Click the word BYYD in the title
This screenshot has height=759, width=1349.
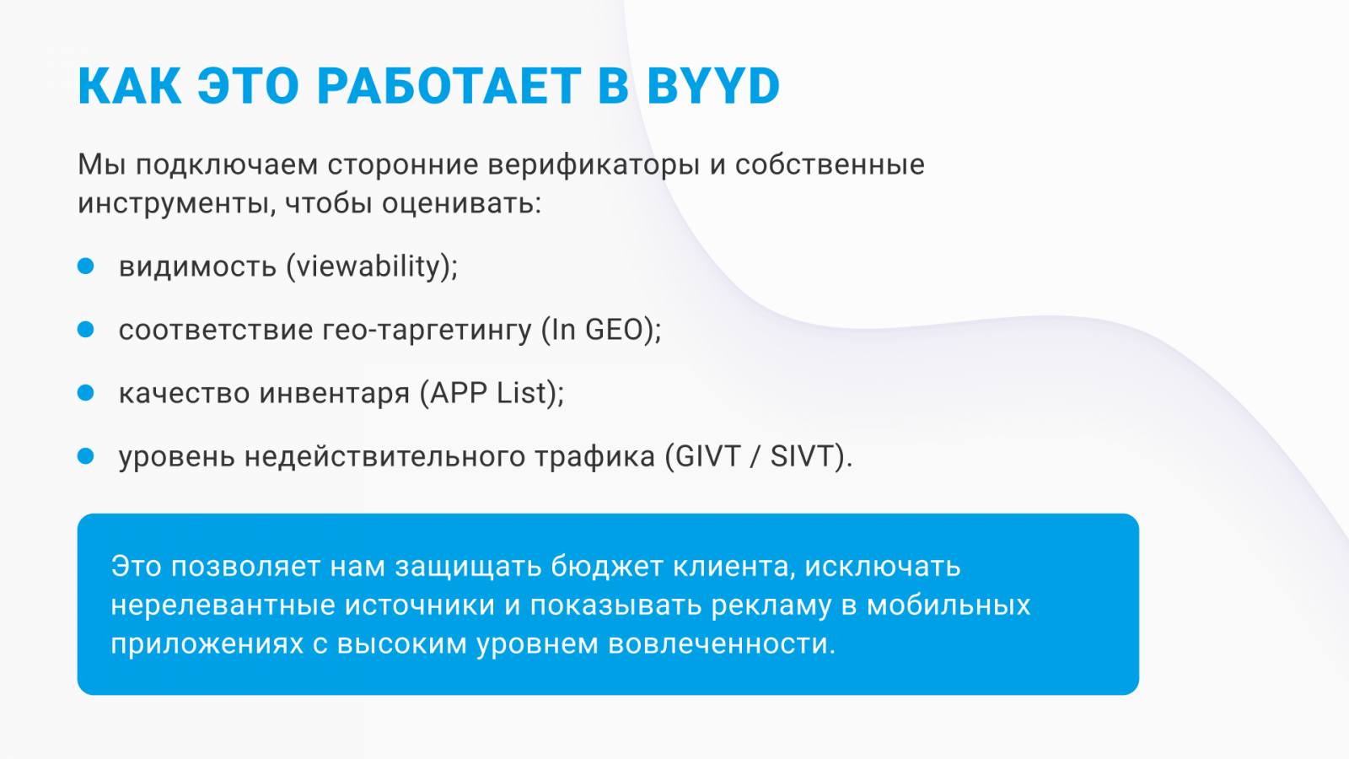point(713,86)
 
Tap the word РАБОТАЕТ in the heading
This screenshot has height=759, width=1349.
point(448,86)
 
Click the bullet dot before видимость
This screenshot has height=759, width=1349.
point(86,266)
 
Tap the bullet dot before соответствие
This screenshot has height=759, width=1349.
point(86,330)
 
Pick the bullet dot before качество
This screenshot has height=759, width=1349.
point(86,393)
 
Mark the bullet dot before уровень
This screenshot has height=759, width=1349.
point(86,456)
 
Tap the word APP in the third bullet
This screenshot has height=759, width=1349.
point(459,393)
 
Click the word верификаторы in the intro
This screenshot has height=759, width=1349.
point(594,165)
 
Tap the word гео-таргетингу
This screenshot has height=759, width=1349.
point(427,330)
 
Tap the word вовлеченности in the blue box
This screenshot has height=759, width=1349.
point(721,643)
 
